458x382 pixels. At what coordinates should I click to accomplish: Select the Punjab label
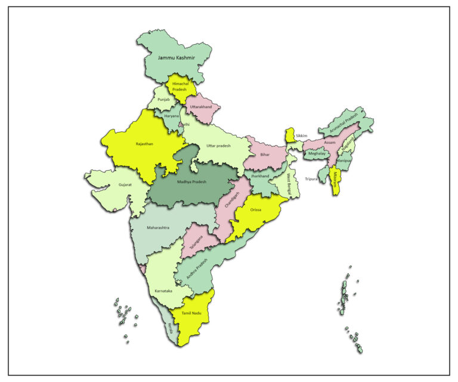click(x=163, y=100)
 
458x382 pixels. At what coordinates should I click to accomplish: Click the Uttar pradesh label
click(x=219, y=146)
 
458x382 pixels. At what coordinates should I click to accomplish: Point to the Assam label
click(x=330, y=143)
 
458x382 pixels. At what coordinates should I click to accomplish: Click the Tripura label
click(x=311, y=179)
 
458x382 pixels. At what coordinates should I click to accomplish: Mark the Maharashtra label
click(x=158, y=227)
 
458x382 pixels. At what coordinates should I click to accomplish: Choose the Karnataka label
click(x=163, y=291)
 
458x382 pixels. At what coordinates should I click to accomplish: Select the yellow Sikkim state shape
click(x=290, y=134)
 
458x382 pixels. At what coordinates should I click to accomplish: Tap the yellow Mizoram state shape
click(x=335, y=181)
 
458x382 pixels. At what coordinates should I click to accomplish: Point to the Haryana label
click(x=172, y=116)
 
